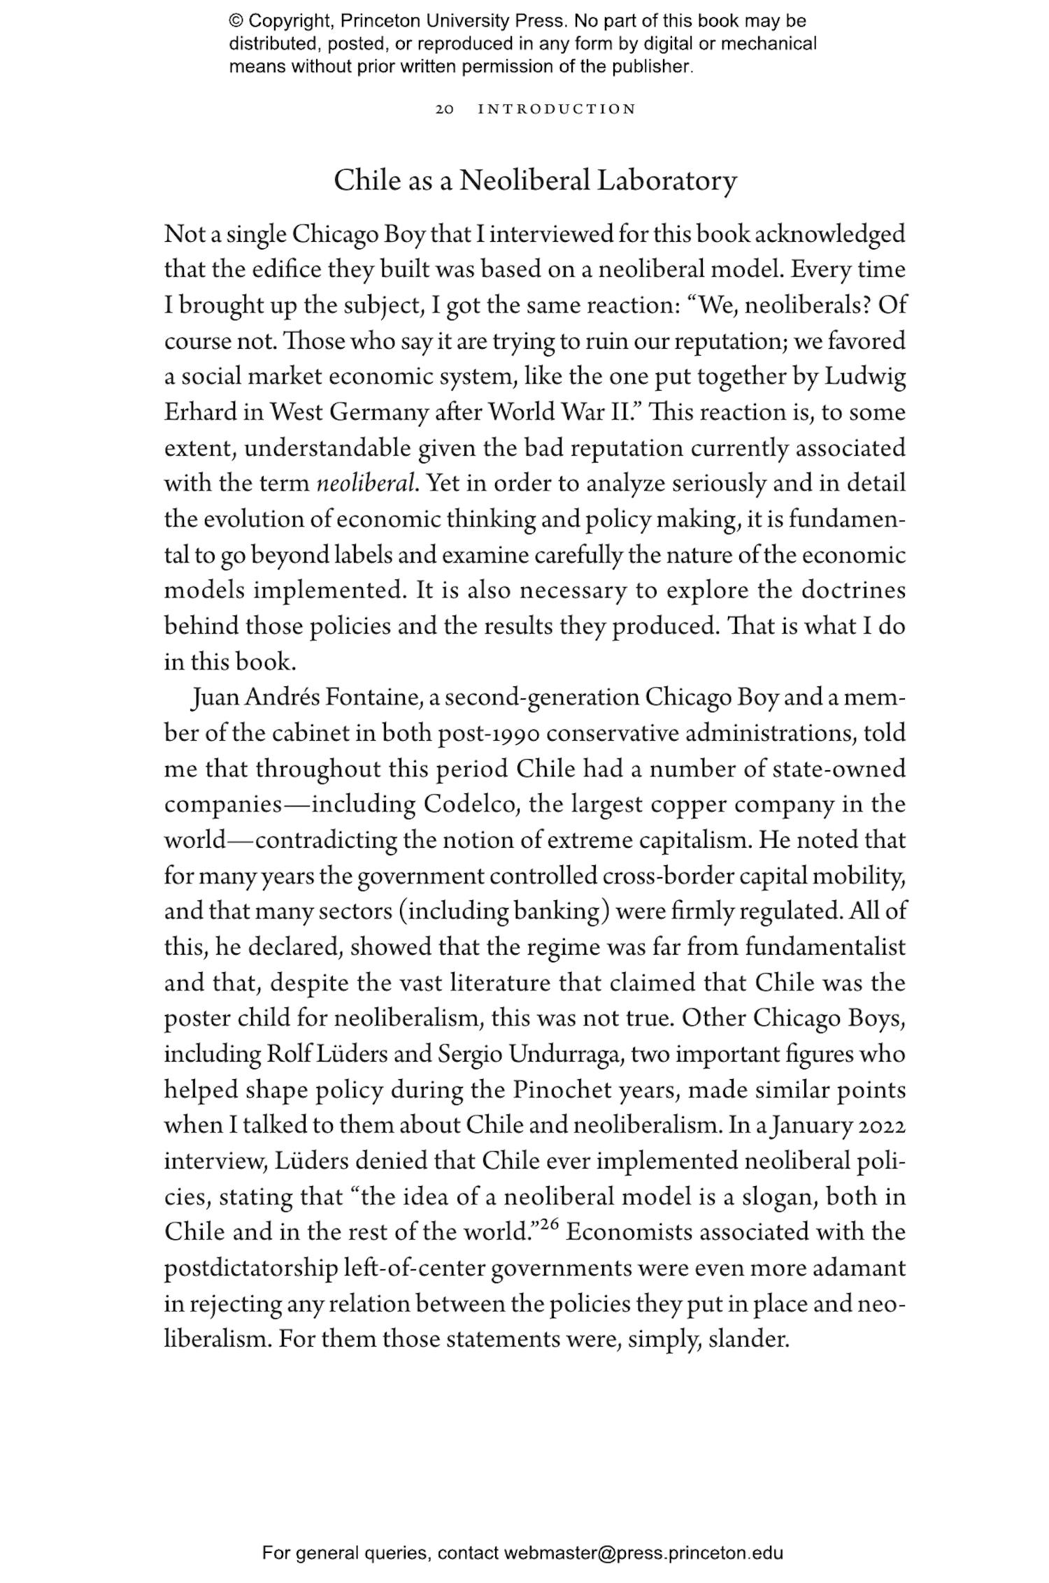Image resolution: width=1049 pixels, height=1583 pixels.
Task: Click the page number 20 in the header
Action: (445, 110)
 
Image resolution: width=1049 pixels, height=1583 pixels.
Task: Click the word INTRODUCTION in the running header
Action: (557, 110)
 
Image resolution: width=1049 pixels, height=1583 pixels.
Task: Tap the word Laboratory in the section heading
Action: (666, 181)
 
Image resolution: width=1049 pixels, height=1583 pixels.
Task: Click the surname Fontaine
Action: (372, 697)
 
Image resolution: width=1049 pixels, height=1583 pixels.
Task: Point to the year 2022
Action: (882, 1125)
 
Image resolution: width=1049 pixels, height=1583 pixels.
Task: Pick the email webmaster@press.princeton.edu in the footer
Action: (643, 1553)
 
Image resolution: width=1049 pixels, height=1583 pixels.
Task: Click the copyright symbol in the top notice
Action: (236, 21)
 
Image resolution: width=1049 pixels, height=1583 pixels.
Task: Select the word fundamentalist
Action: (825, 947)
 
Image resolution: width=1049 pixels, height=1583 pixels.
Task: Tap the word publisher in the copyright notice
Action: (657, 67)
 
